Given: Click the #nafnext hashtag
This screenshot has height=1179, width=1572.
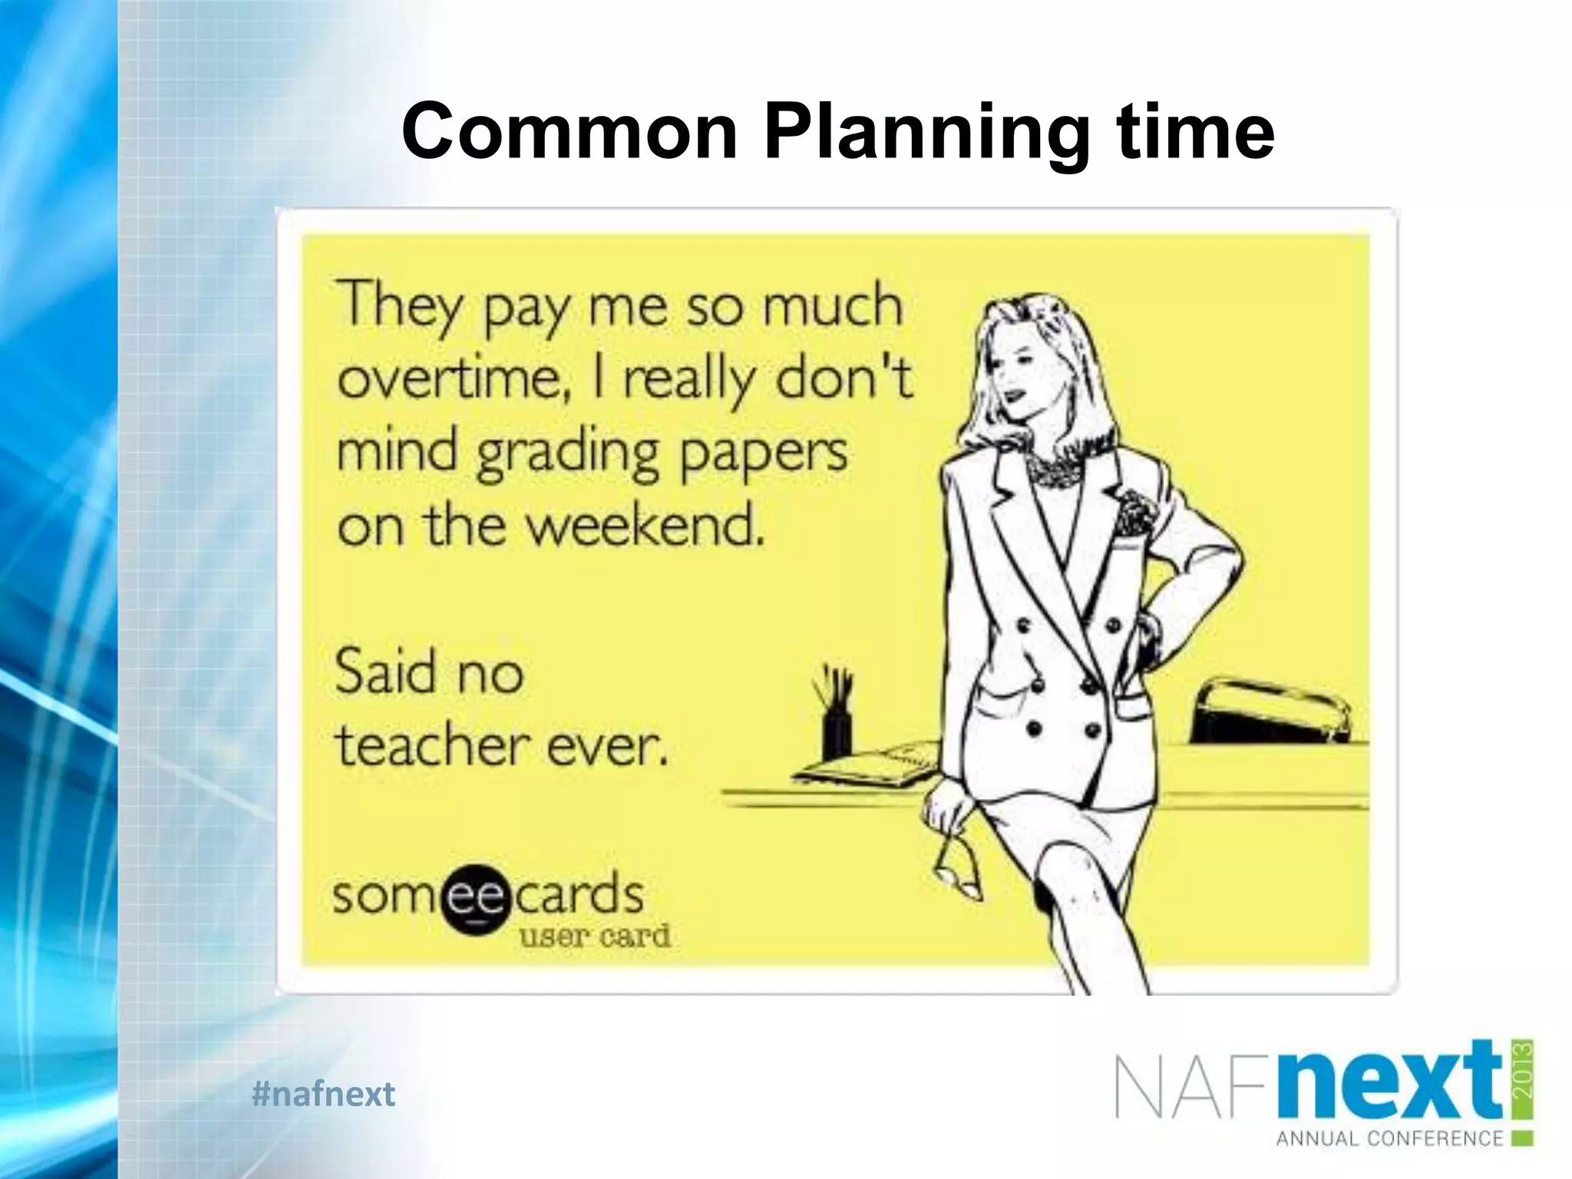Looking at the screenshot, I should coord(323,1093).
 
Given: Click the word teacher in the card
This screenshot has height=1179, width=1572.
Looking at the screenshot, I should coord(433,745).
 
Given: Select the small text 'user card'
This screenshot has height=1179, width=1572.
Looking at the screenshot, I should coord(595,936).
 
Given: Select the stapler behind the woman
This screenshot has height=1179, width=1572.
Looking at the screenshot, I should coord(1267,710).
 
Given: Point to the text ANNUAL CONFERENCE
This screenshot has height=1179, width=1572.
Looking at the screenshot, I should coord(1389,1138).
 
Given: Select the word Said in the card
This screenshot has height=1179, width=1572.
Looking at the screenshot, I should coord(385,671).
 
